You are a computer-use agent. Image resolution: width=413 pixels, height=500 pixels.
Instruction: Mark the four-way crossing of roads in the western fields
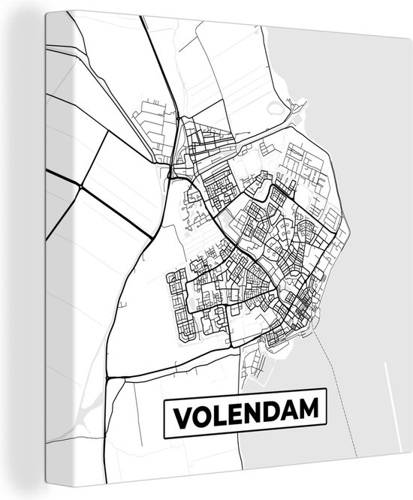tap(82, 186)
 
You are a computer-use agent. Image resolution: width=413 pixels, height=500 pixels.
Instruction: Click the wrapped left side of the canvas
tap(23, 248)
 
